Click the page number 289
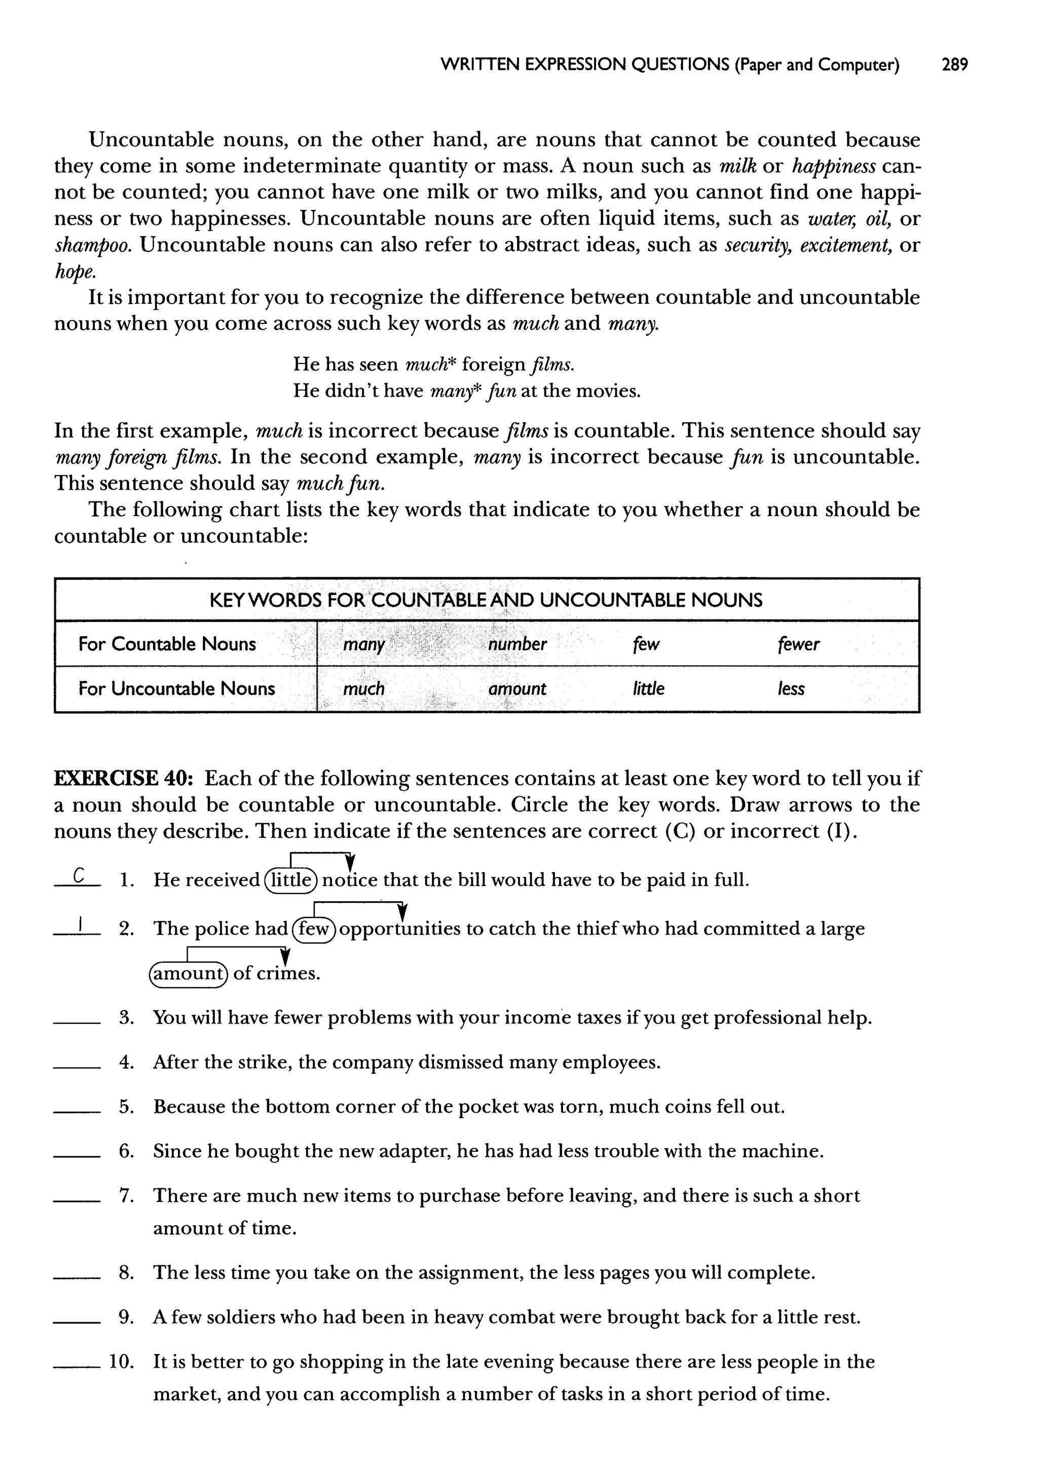954,64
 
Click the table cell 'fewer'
798,644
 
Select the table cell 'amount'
516,688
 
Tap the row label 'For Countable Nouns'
167,644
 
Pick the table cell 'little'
648,688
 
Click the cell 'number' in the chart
517,644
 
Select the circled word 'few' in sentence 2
313,929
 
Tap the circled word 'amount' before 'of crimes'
188,973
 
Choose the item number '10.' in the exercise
121,1362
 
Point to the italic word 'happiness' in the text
833,166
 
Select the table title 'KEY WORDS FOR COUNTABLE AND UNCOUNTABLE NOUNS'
486,600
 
